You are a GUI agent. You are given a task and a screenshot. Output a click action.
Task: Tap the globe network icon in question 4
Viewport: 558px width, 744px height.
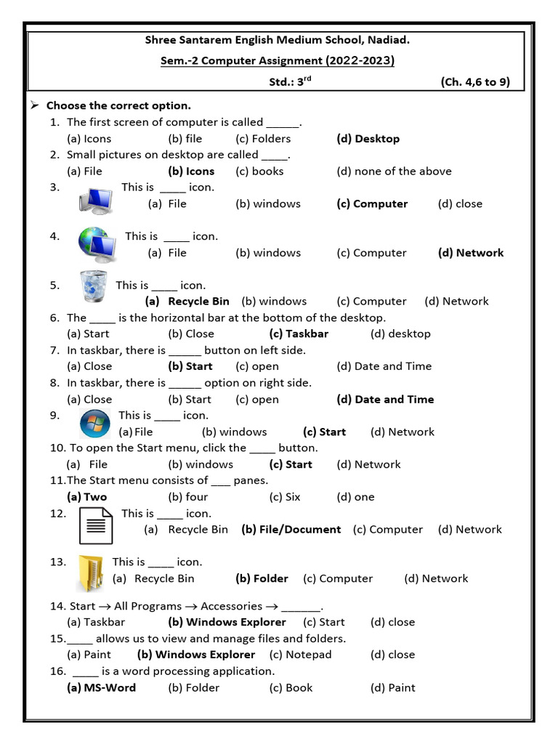tap(97, 245)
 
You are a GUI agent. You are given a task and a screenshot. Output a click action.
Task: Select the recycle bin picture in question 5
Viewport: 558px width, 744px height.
tap(92, 286)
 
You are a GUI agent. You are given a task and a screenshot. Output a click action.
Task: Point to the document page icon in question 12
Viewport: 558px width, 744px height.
tap(96, 525)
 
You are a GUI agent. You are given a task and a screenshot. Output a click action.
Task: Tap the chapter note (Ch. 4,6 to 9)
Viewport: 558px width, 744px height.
tap(475, 82)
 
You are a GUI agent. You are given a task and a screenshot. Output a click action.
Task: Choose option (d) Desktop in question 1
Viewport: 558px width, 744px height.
tap(368, 139)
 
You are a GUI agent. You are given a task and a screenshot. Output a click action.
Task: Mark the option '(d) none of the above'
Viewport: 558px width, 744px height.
tap(394, 171)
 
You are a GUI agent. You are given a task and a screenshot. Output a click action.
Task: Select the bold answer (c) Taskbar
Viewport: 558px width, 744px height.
tap(299, 334)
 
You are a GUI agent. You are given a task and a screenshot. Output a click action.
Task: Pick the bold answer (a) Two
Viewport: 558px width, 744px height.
tap(86, 497)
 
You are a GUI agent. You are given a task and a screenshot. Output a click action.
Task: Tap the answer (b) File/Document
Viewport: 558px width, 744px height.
tap(291, 530)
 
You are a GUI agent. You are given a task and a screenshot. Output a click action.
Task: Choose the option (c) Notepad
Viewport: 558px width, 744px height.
tap(300, 655)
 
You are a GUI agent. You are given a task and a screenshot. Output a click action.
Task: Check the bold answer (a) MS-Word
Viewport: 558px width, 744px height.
tap(101, 687)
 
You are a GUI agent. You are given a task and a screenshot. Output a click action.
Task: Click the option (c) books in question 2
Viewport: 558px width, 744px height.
tap(259, 171)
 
